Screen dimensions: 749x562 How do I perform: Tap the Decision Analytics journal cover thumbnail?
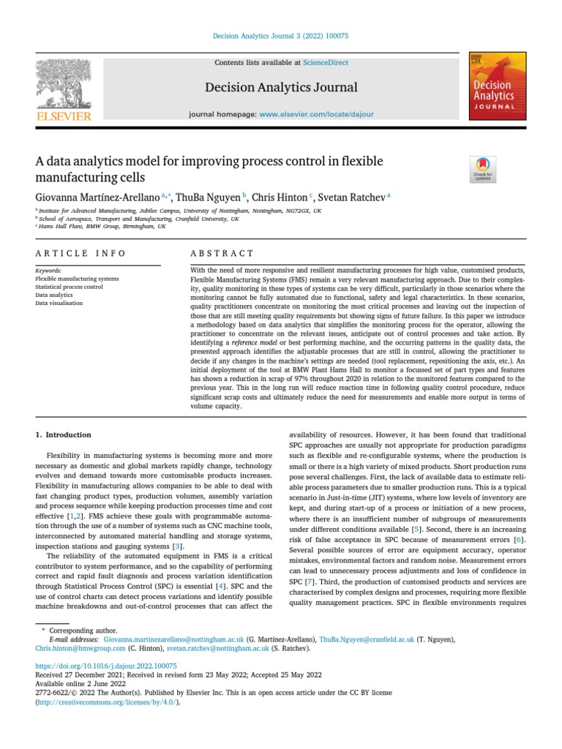[x=495, y=86]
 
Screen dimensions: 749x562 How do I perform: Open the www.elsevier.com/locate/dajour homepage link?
[x=316, y=115]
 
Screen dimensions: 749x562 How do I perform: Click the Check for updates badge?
[x=483, y=169]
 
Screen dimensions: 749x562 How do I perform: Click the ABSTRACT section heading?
[x=222, y=253]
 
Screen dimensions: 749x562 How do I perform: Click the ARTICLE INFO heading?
[x=80, y=253]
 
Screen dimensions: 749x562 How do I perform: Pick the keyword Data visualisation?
[x=59, y=303]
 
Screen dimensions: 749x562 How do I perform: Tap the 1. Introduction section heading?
[x=64, y=434]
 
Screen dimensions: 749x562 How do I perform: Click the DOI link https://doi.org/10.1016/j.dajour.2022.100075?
[x=106, y=666]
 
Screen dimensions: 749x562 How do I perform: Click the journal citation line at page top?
[x=280, y=37]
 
